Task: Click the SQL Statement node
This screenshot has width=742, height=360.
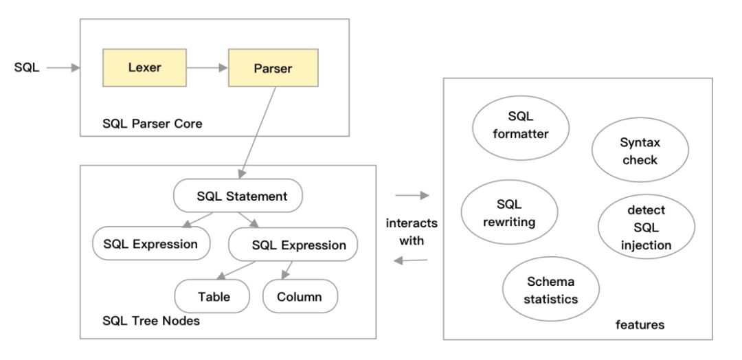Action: [x=238, y=196]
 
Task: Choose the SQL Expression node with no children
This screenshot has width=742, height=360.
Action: [x=150, y=244]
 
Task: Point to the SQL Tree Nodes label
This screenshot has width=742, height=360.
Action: [x=146, y=322]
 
